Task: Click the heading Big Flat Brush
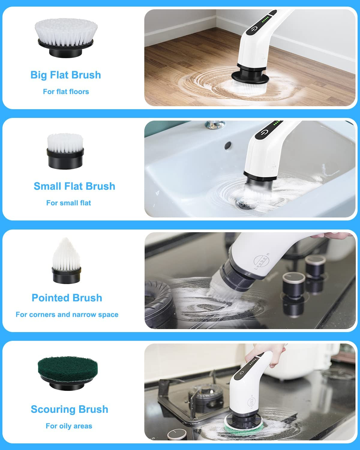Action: click(66, 75)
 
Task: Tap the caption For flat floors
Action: click(66, 91)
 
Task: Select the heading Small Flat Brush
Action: click(74, 186)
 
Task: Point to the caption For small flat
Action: click(68, 203)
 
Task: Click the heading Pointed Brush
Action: click(67, 298)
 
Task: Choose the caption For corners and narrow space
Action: click(67, 315)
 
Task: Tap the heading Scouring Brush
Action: click(69, 409)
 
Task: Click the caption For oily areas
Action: click(69, 426)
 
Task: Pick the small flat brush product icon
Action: click(65, 151)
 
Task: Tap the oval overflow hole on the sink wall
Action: click(228, 145)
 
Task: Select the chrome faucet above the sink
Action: click(215, 124)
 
